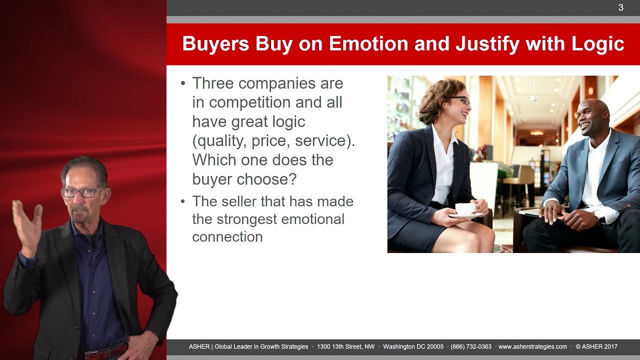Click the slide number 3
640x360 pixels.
620,7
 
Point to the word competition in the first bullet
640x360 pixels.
249,102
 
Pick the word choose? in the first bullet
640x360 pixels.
266,179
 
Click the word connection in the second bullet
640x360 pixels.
227,237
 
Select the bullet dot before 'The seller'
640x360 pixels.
183,201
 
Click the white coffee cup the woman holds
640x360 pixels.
466,209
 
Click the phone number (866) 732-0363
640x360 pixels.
471,346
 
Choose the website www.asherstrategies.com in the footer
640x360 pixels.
533,346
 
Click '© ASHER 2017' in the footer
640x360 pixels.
596,346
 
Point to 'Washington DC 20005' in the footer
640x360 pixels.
413,346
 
